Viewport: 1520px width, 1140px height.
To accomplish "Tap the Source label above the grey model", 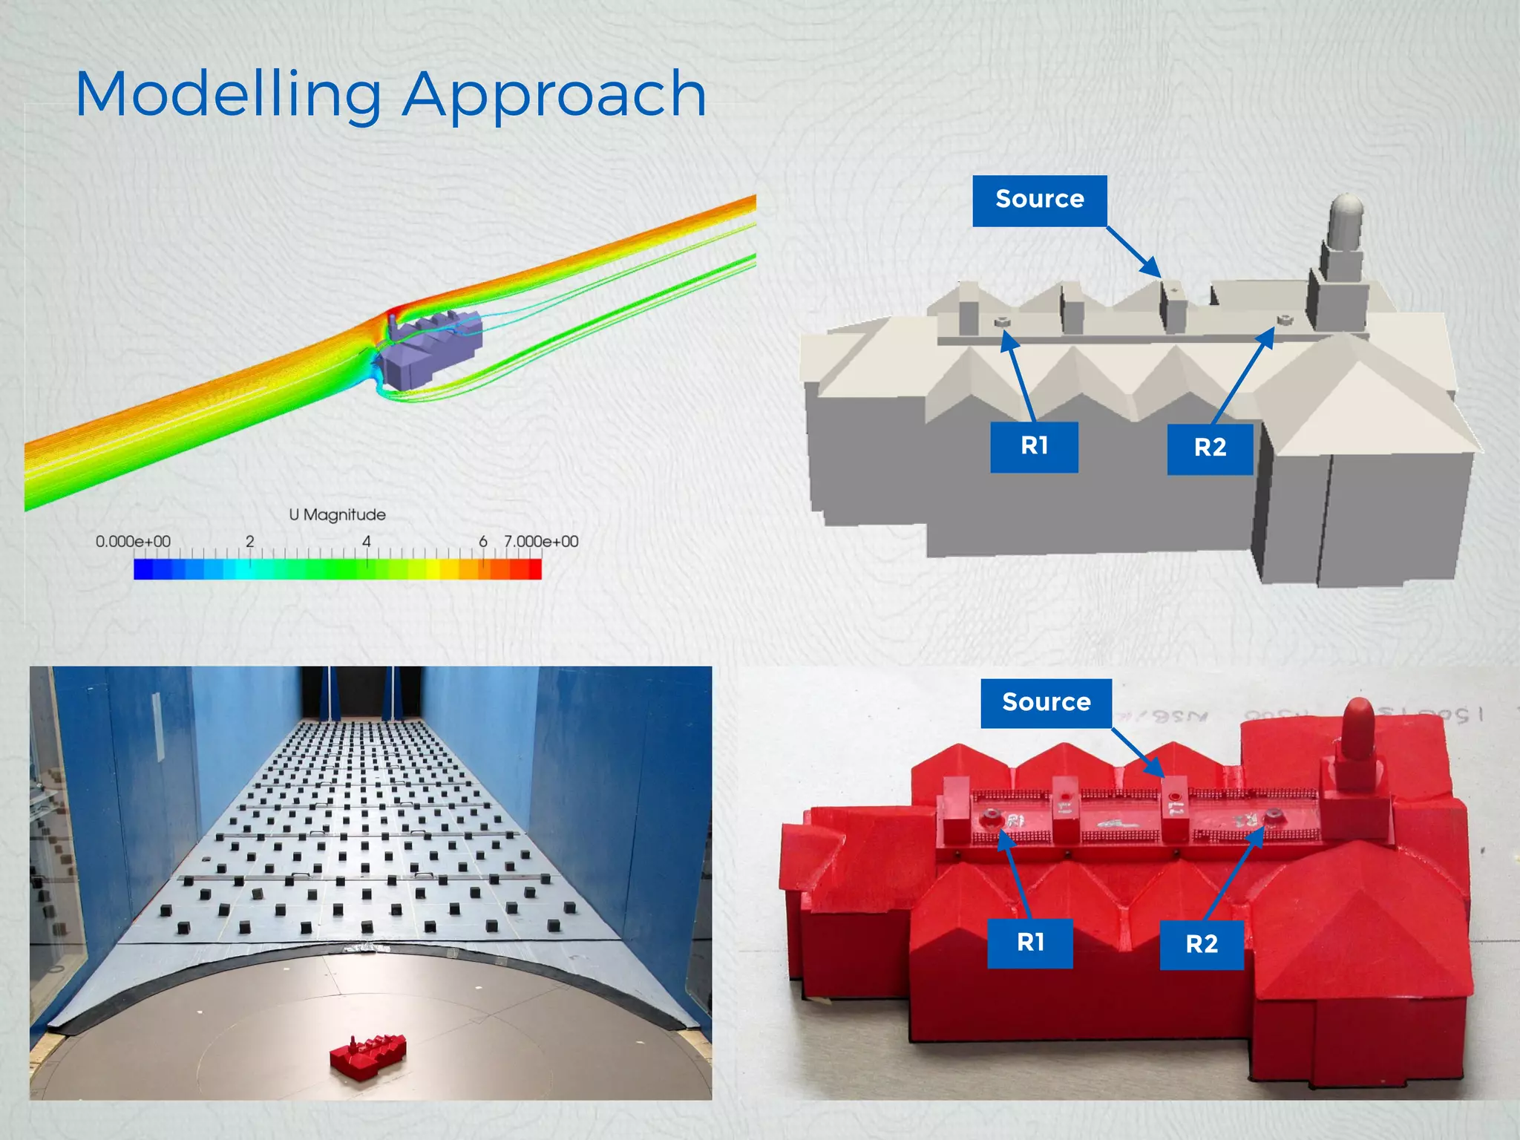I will [1039, 200].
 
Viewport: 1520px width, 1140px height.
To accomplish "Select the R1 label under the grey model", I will [1034, 446].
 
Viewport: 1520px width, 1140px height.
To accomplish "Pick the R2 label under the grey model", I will [1210, 448].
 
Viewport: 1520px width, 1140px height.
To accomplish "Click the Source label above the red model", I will [1046, 702].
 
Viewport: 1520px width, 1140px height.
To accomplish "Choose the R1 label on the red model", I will [1030, 943].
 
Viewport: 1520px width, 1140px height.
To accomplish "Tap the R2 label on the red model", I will [1202, 944].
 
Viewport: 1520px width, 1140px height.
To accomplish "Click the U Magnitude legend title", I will [337, 514].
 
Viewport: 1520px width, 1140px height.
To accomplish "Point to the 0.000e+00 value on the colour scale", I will [133, 542].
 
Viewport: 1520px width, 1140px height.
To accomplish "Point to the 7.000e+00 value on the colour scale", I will [541, 542].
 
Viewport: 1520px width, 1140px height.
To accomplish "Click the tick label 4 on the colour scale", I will [366, 542].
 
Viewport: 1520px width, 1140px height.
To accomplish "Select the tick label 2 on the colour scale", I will [250, 542].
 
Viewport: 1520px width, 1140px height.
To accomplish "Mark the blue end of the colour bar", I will [141, 569].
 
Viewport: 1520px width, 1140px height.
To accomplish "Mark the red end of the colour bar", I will [534, 569].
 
